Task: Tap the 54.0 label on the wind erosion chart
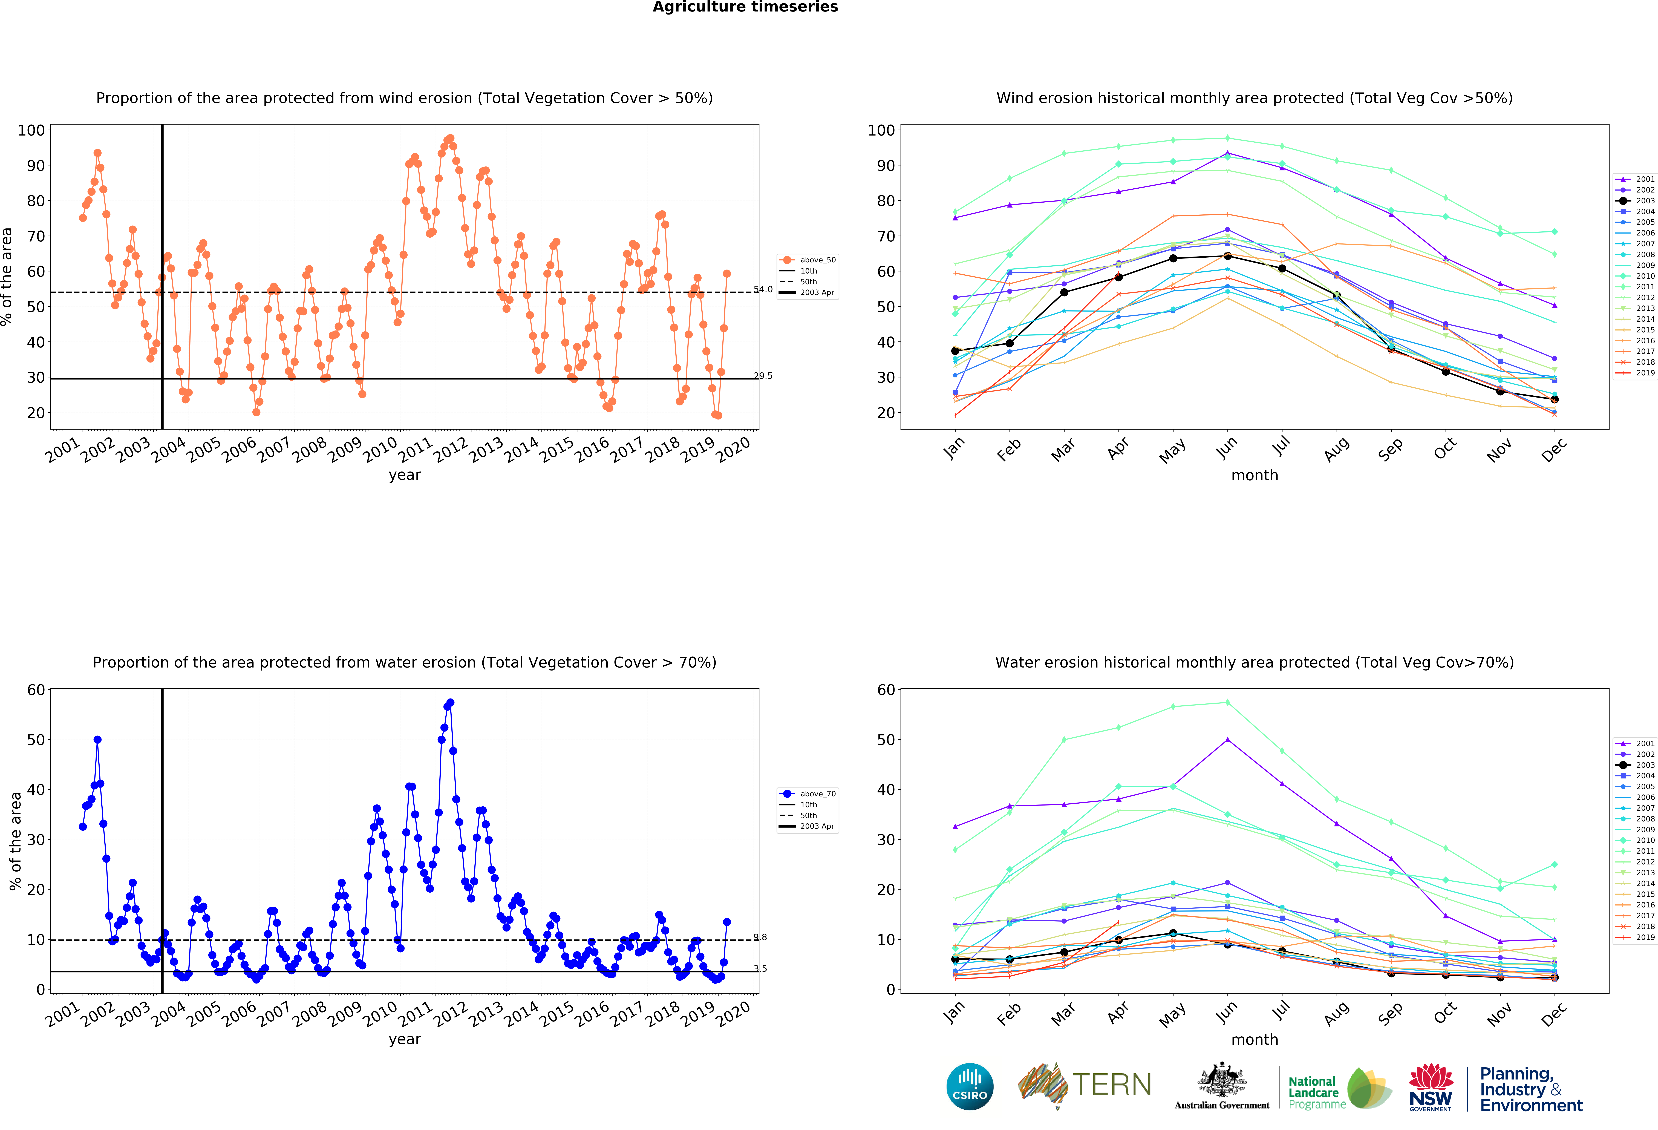click(x=763, y=289)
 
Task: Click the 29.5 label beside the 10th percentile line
click(x=763, y=376)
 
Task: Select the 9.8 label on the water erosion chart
click(x=760, y=937)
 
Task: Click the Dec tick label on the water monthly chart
click(x=1554, y=1013)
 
